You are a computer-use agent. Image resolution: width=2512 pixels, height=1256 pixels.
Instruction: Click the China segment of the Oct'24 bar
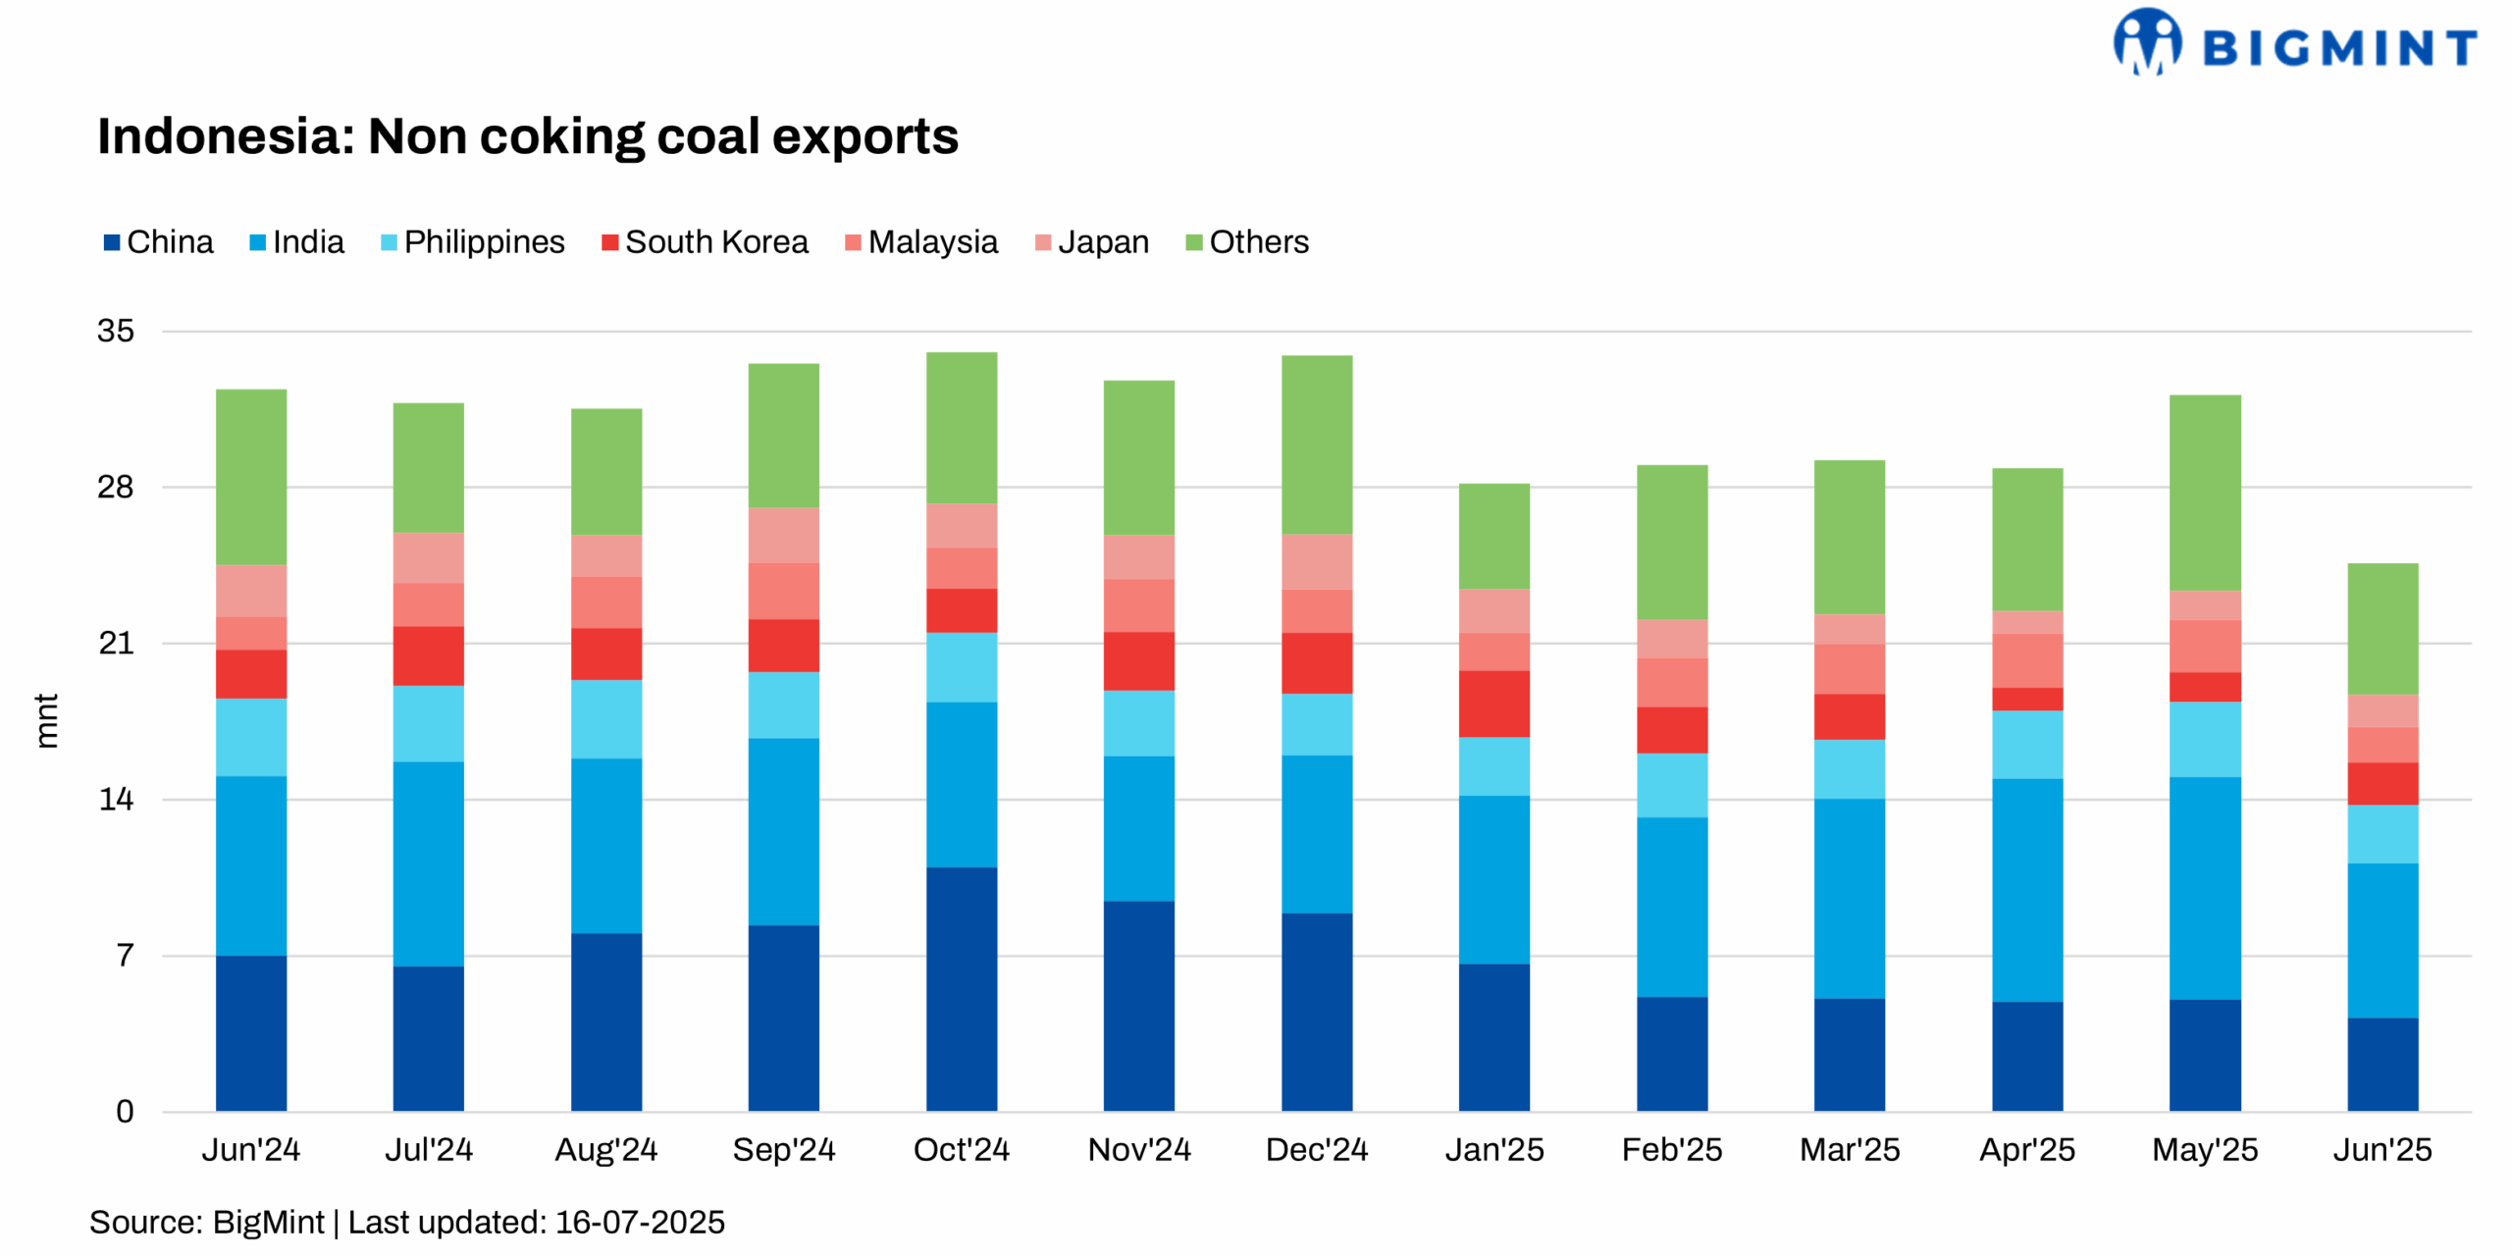point(961,988)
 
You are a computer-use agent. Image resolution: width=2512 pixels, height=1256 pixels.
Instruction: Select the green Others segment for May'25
point(2204,493)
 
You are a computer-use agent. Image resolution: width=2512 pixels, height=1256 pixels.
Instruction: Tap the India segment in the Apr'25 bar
point(2026,890)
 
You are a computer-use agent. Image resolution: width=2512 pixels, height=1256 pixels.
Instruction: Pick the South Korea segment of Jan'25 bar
point(1493,704)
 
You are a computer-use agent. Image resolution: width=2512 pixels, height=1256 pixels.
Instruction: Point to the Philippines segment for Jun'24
point(251,737)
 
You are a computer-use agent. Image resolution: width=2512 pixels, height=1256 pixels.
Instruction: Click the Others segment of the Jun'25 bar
point(2381,629)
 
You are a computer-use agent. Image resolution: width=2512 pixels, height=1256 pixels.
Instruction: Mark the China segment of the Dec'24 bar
point(1316,1012)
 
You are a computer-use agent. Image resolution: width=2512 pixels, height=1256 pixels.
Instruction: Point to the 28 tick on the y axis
point(115,487)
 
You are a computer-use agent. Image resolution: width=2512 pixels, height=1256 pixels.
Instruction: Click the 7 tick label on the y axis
point(125,955)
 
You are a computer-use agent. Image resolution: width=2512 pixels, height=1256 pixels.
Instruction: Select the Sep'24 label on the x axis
point(783,1149)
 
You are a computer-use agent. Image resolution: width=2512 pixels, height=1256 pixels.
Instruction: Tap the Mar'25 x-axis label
point(1849,1149)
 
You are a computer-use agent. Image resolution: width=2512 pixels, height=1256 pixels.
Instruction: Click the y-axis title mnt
point(46,721)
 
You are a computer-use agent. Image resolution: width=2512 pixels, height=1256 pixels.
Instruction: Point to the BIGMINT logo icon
point(2146,42)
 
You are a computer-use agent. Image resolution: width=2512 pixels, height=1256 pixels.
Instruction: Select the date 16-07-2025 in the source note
point(640,1223)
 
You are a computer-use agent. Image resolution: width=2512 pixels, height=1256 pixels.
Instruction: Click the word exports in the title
point(864,136)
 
